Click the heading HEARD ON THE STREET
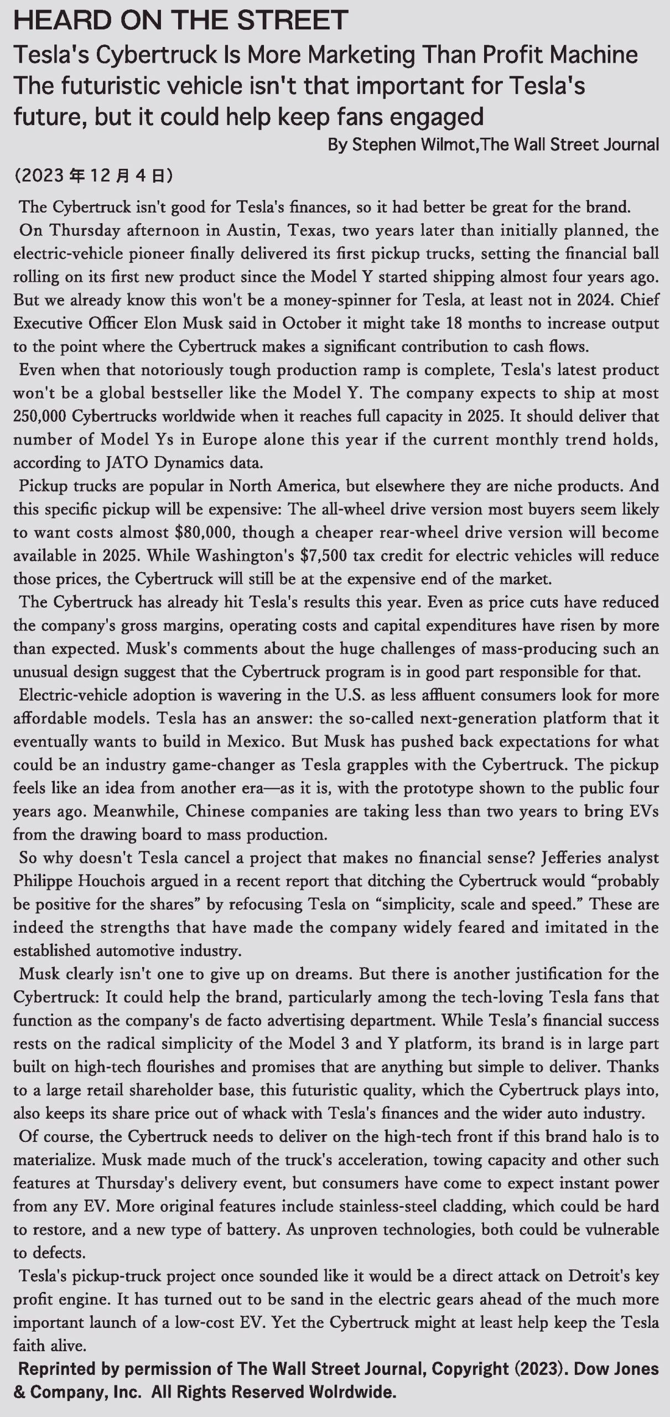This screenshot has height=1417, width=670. click(x=180, y=20)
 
